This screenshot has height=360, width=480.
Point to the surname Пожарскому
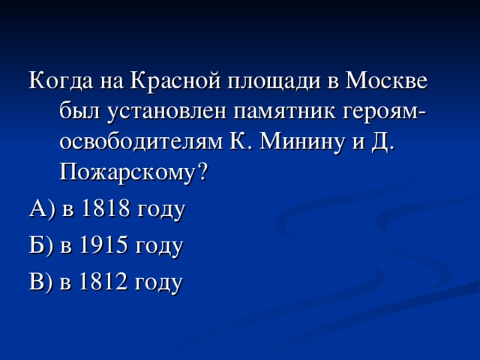point(124,174)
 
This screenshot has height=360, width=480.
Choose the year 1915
point(103,245)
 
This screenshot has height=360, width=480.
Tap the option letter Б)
point(38,245)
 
